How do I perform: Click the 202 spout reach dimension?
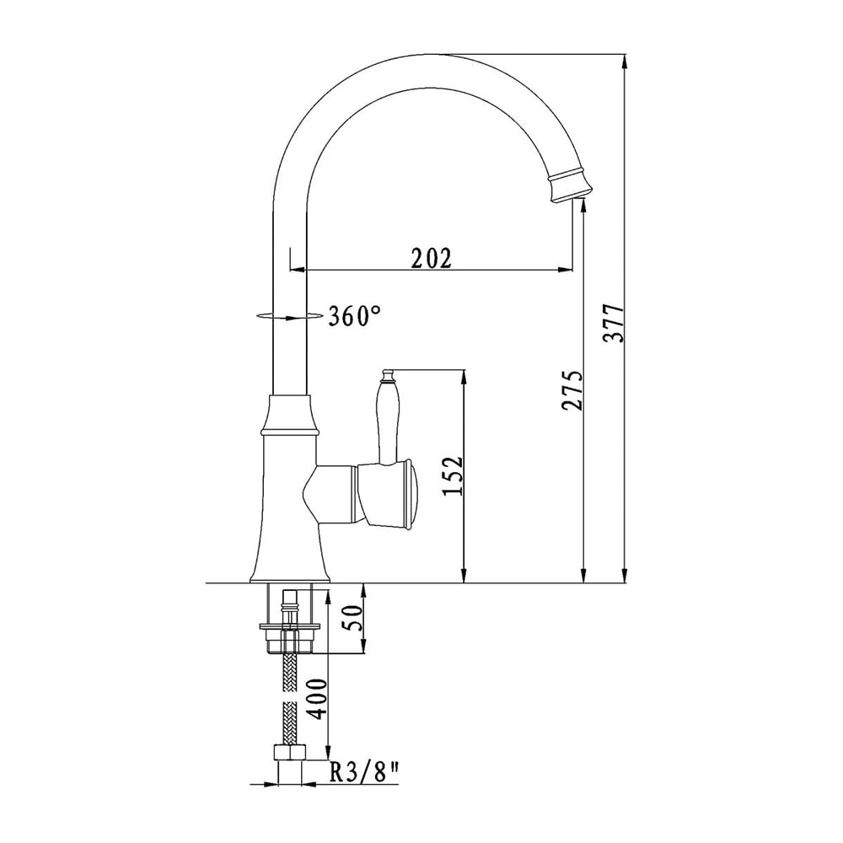coord(431,258)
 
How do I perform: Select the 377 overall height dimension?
coord(614,323)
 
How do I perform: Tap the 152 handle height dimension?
coord(452,476)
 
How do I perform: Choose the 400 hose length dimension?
coord(318,699)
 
